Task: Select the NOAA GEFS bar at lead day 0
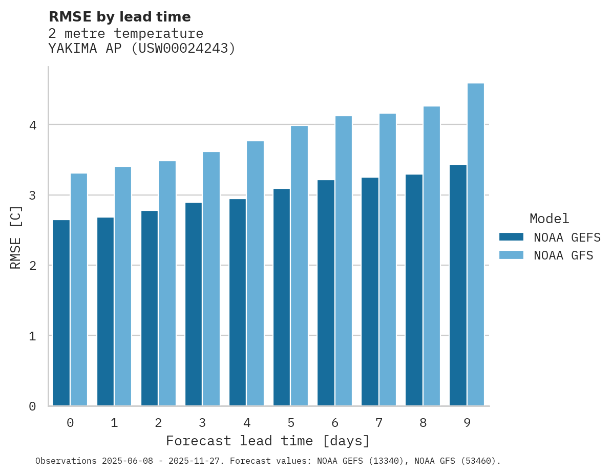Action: pos(61,313)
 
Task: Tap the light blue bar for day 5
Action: pos(299,266)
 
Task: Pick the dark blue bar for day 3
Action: pos(193,304)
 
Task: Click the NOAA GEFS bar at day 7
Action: pos(369,292)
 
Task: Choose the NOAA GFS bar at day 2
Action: pos(167,284)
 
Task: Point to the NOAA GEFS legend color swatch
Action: pos(511,236)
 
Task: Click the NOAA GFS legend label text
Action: pos(563,255)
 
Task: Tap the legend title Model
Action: pos(549,219)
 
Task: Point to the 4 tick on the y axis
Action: pos(32,125)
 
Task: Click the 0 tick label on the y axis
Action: pos(32,406)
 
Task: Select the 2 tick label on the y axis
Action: pos(32,266)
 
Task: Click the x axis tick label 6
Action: pos(334,423)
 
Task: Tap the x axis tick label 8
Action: pos(423,423)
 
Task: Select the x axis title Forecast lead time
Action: pos(267,441)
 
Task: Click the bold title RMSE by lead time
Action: pos(119,17)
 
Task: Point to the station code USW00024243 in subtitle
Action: pos(183,49)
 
